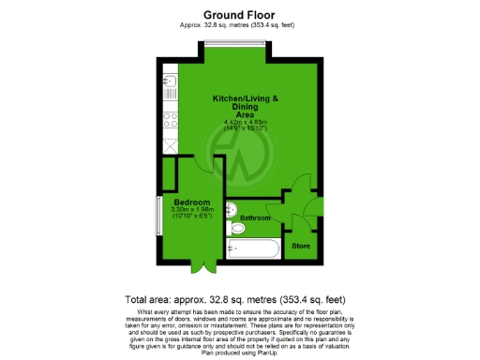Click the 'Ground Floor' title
(x=239, y=15)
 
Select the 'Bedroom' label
(x=190, y=202)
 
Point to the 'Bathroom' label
(x=254, y=218)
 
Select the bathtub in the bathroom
(x=253, y=249)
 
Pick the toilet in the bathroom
(x=235, y=228)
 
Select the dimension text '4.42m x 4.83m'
(x=245, y=122)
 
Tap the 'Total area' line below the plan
(x=239, y=299)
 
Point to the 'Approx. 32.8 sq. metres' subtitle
(x=239, y=25)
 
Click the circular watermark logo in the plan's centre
(x=236, y=154)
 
